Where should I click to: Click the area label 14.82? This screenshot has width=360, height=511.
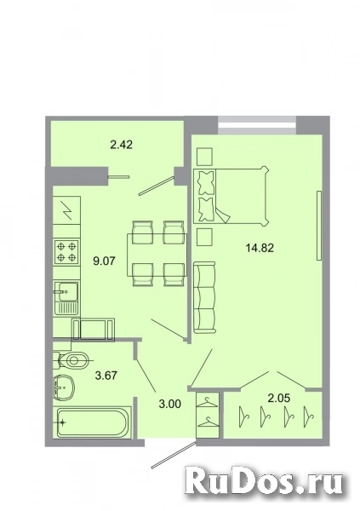(x=260, y=249)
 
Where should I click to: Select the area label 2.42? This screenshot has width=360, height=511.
(x=121, y=145)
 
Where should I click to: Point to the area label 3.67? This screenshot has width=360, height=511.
(x=106, y=376)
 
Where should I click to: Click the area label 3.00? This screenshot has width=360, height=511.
(x=169, y=404)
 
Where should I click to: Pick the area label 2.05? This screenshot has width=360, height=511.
(x=279, y=398)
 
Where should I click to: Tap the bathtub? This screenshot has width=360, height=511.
(x=94, y=423)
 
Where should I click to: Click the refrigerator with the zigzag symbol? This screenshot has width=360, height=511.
(x=66, y=210)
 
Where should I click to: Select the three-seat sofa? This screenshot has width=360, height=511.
(x=204, y=297)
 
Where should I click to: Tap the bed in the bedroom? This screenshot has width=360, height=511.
(x=231, y=196)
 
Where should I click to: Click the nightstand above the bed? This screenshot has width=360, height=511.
(x=204, y=157)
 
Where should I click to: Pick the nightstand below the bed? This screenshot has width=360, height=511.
(x=204, y=237)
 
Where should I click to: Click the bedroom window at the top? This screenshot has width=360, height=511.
(x=257, y=125)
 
